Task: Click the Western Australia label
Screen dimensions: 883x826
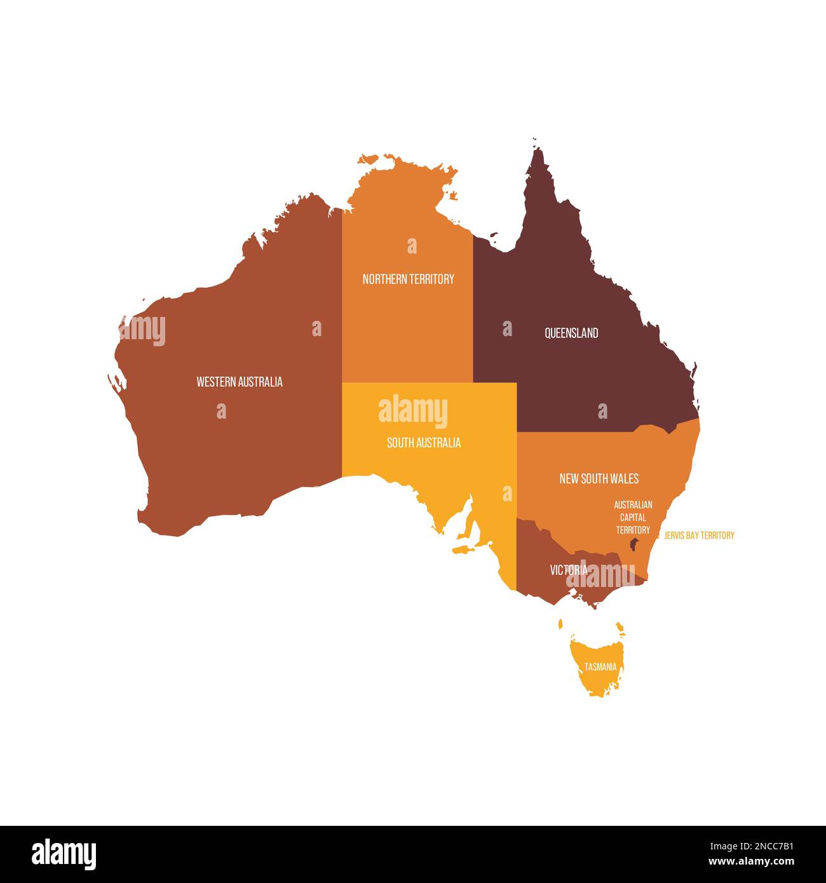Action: (x=240, y=382)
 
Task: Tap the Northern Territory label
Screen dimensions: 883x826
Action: (x=408, y=279)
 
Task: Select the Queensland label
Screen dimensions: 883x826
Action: (x=571, y=333)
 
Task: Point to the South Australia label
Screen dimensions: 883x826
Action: (x=424, y=443)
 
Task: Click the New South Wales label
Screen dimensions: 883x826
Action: (x=599, y=478)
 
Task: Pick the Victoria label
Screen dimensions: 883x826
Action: (x=568, y=570)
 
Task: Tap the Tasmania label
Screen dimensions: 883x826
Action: (x=600, y=667)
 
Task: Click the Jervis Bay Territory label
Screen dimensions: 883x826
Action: (x=698, y=536)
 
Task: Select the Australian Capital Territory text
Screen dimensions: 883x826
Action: (x=633, y=517)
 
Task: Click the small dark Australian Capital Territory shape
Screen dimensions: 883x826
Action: (x=633, y=544)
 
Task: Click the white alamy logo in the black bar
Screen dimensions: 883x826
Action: (x=64, y=854)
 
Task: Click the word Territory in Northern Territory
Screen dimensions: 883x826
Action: (x=431, y=279)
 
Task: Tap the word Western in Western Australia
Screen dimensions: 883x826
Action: (x=216, y=382)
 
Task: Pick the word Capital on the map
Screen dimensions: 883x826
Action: (x=633, y=517)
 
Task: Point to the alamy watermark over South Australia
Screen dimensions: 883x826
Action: (x=413, y=411)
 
